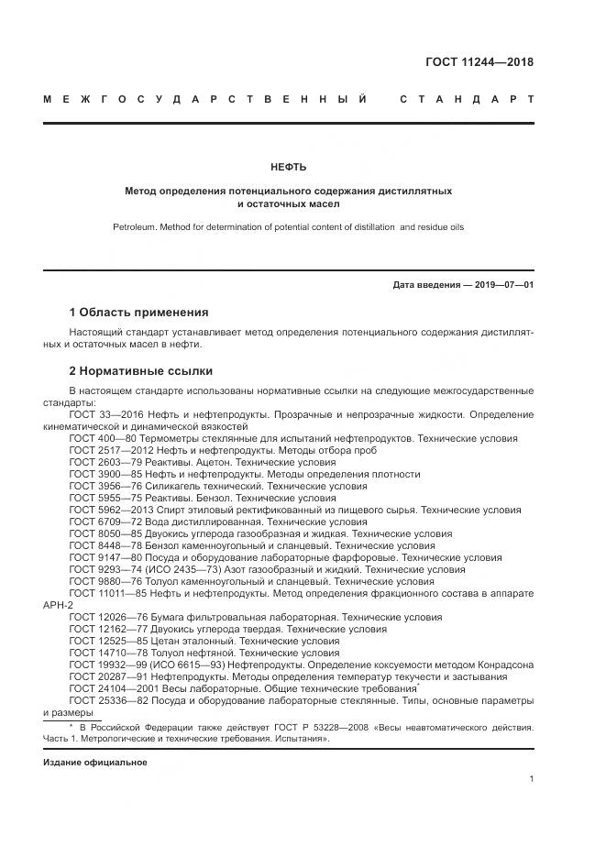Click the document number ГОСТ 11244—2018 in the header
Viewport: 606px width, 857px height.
coord(479,62)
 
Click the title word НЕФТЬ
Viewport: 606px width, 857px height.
coord(289,167)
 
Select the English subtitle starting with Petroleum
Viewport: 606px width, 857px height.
coord(289,226)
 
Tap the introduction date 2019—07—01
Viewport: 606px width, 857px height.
coord(501,285)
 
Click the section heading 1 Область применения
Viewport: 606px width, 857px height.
coord(138,312)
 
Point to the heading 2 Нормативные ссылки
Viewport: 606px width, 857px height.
coord(140,371)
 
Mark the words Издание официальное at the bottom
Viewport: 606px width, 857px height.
coord(94,763)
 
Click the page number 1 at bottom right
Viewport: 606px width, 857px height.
coord(531,779)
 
